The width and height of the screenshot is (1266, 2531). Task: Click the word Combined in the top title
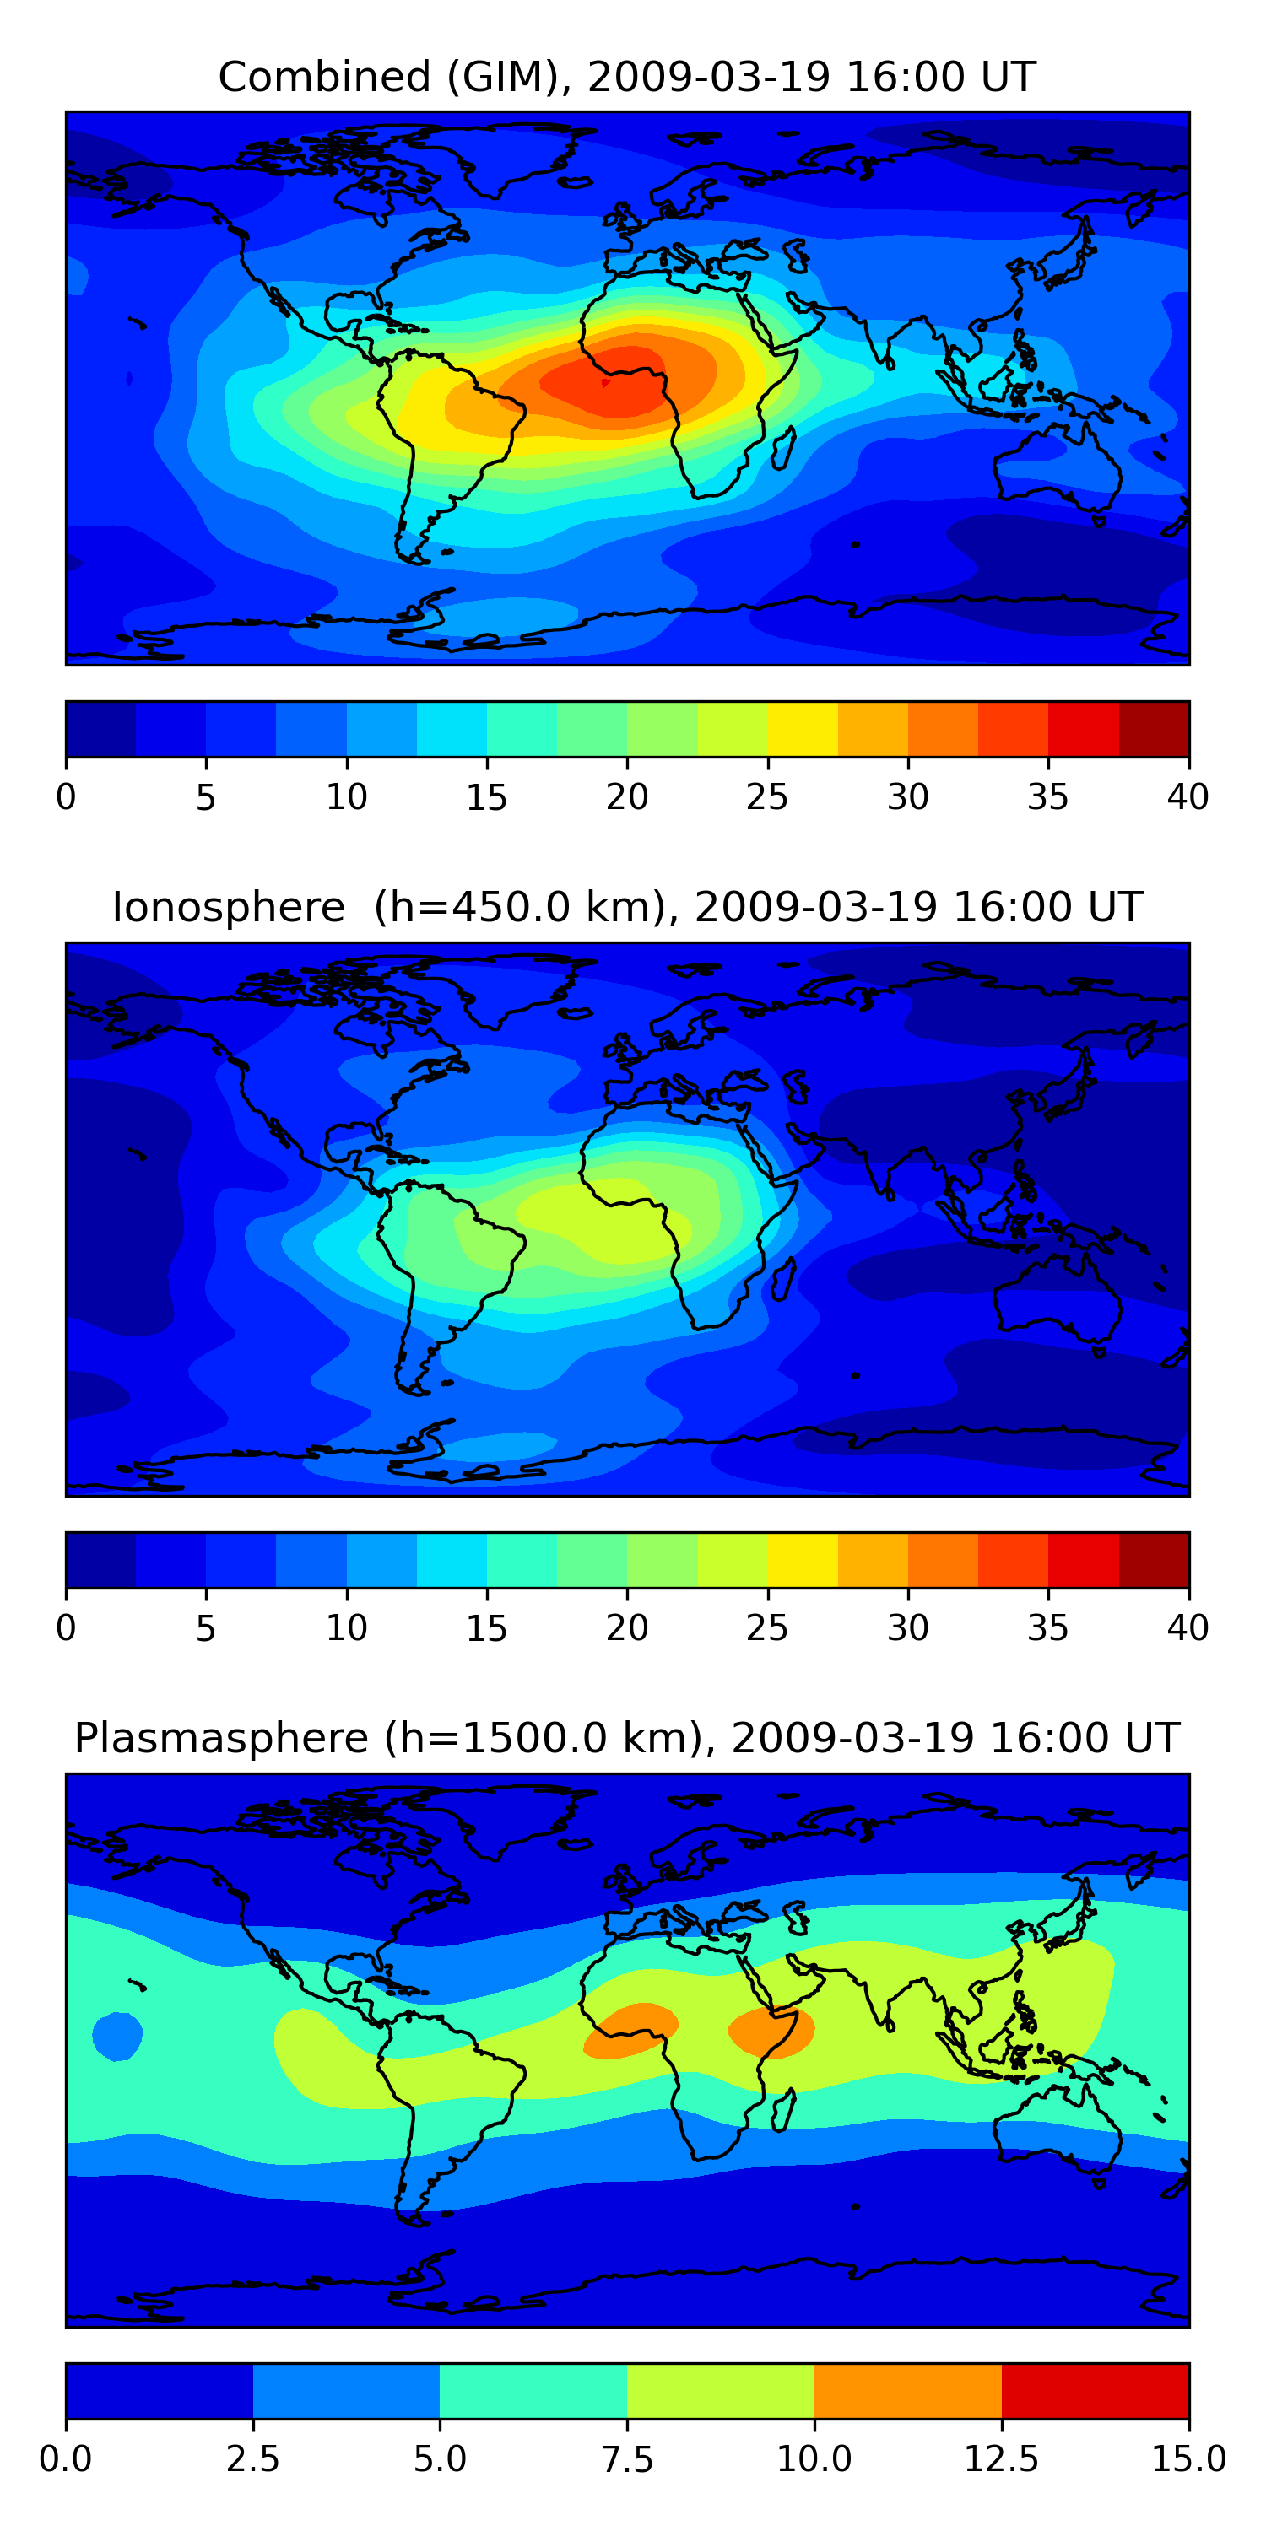point(324,77)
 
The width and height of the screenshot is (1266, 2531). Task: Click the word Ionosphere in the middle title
point(228,907)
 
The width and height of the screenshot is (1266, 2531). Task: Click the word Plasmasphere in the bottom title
point(221,1738)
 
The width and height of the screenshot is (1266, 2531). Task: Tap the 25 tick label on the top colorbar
point(766,796)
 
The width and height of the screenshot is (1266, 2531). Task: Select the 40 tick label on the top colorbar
point(1188,796)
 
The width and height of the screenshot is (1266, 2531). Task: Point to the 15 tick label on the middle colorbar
point(486,1628)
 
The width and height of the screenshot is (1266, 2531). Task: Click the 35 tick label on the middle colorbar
point(1047,1628)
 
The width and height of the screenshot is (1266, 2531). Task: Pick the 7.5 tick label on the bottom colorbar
point(627,2459)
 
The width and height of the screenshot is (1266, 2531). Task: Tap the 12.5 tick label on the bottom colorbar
point(1002,2459)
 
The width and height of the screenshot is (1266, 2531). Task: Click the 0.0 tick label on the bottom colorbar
point(66,2459)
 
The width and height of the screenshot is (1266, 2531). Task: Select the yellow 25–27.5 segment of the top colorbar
point(803,729)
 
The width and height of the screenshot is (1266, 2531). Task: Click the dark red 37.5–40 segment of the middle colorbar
point(1154,1560)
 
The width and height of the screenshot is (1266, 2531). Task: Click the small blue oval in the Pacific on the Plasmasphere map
point(117,2037)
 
